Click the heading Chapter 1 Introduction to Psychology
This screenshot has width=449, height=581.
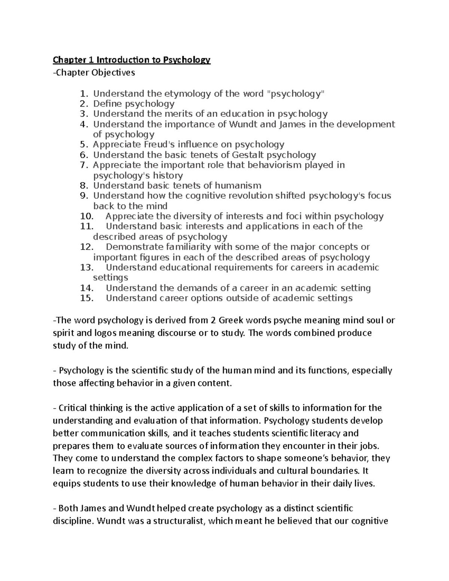(132, 60)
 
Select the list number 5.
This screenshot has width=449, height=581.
(85, 145)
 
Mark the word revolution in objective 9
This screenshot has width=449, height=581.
(250, 196)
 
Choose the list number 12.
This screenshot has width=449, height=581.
(86, 247)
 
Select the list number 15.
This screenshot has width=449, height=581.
(86, 298)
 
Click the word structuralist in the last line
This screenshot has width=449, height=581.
(172, 521)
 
